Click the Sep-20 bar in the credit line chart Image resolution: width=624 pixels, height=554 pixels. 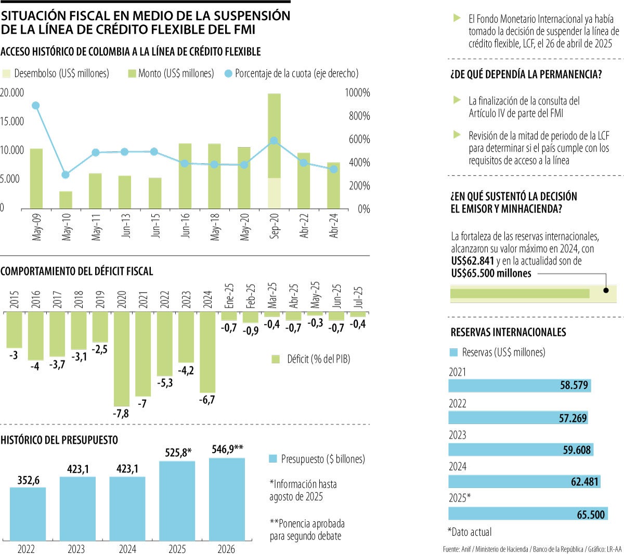pos(274,151)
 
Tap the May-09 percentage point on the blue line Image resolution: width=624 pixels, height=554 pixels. pos(36,105)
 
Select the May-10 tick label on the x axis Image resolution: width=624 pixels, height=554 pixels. pos(67,226)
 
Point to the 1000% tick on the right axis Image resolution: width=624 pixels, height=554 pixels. pos(357,93)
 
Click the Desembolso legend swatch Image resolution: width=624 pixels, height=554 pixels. pos(6,74)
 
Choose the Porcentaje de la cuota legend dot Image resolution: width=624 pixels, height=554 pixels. pos(228,74)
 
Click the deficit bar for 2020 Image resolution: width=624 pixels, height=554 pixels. pos(122,359)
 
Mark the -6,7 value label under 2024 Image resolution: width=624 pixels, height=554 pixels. pos(207,400)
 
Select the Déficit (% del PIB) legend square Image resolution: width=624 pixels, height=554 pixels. pos(276,359)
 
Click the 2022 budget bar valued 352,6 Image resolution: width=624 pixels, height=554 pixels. pos(28,513)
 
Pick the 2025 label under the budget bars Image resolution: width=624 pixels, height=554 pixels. pos(177,549)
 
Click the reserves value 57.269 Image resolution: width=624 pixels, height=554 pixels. pos(573,418)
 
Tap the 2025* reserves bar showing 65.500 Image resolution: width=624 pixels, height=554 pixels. pos(528,514)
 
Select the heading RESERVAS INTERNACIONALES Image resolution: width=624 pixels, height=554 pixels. pos(508,333)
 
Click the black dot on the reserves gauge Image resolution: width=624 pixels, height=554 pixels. pos(606,291)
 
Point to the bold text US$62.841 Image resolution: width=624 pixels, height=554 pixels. pos(472,261)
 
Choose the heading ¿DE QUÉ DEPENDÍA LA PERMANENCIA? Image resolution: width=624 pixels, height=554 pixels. pos(526,74)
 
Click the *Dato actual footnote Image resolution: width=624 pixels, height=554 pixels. pos(470,532)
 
